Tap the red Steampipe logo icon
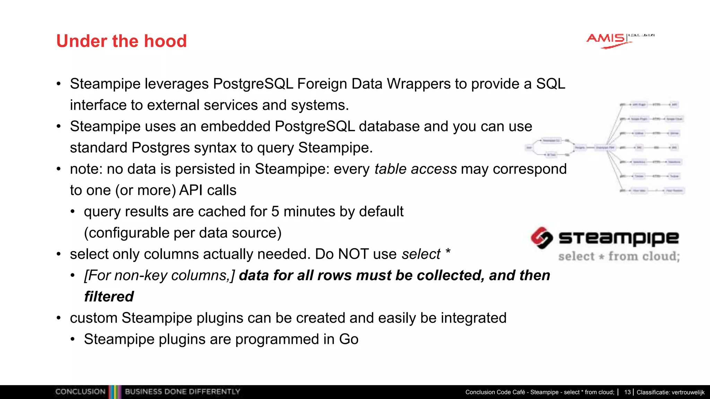542,238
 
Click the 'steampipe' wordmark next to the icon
618,238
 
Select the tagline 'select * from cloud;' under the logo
619,257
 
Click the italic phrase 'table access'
415,169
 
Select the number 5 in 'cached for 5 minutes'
275,212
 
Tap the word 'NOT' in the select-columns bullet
353,254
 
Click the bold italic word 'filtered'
109,297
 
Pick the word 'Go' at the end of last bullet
348,339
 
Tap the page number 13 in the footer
627,392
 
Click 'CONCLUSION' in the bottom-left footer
80,392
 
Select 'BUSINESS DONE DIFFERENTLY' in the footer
182,392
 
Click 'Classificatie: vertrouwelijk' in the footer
670,392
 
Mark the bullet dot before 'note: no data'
59,169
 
